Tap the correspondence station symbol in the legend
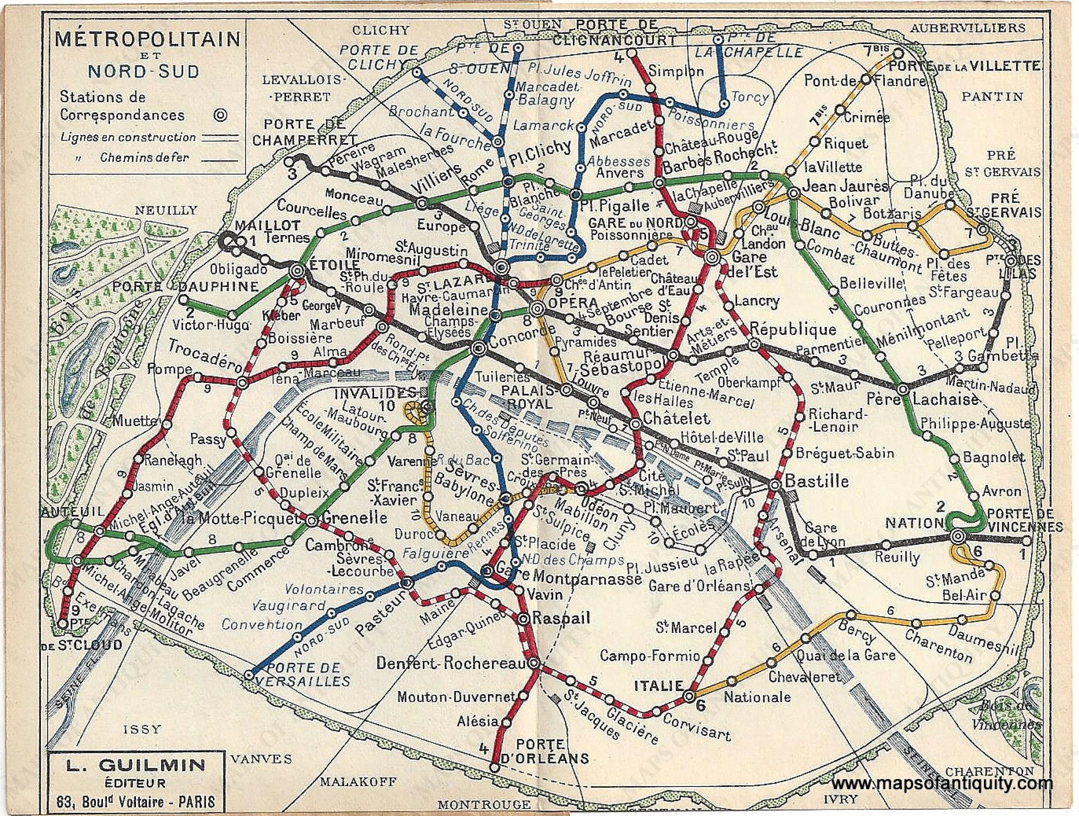click(221, 115)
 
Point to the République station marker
click(754, 345)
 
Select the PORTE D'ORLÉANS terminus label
click(545, 752)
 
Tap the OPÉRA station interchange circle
click(538, 308)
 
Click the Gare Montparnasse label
click(568, 578)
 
